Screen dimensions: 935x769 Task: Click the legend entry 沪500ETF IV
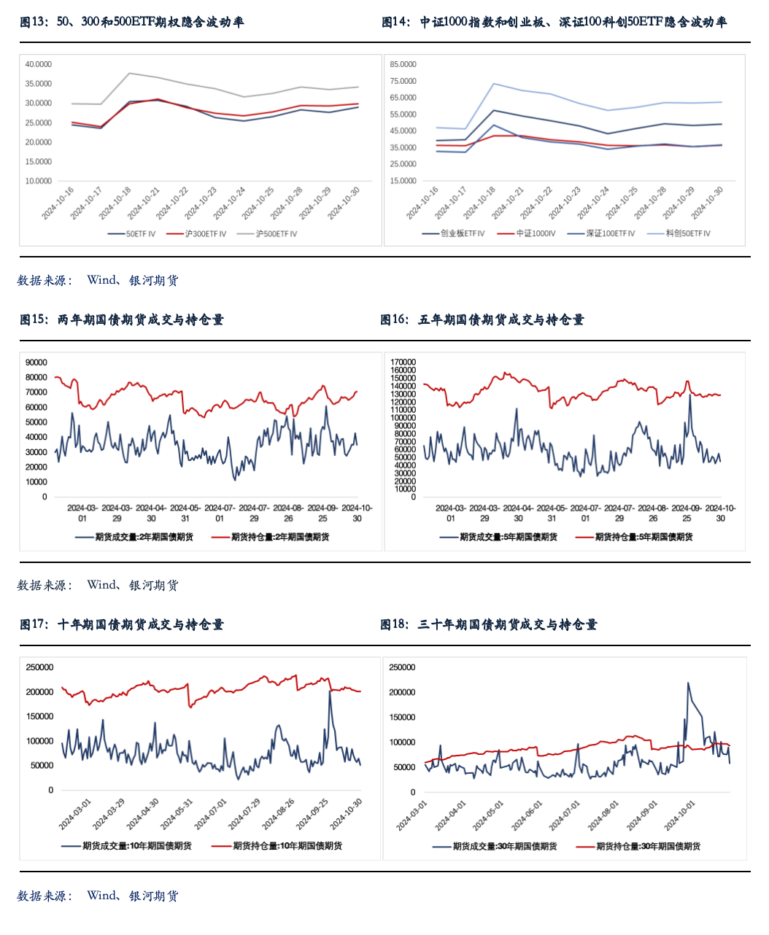click(x=276, y=234)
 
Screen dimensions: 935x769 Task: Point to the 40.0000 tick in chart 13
click(x=39, y=64)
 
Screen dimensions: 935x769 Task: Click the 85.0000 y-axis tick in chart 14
click(x=403, y=64)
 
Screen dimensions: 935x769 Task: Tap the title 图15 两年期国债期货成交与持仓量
click(x=122, y=319)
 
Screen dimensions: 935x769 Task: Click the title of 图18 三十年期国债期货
click(x=489, y=624)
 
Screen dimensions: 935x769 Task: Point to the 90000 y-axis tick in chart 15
click(x=36, y=362)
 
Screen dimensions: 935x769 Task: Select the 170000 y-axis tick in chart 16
click(x=403, y=362)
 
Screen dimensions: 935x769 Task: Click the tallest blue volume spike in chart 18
click(x=688, y=683)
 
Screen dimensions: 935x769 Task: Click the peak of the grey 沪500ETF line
click(x=129, y=73)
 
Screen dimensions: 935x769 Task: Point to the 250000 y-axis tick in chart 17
click(x=40, y=667)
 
